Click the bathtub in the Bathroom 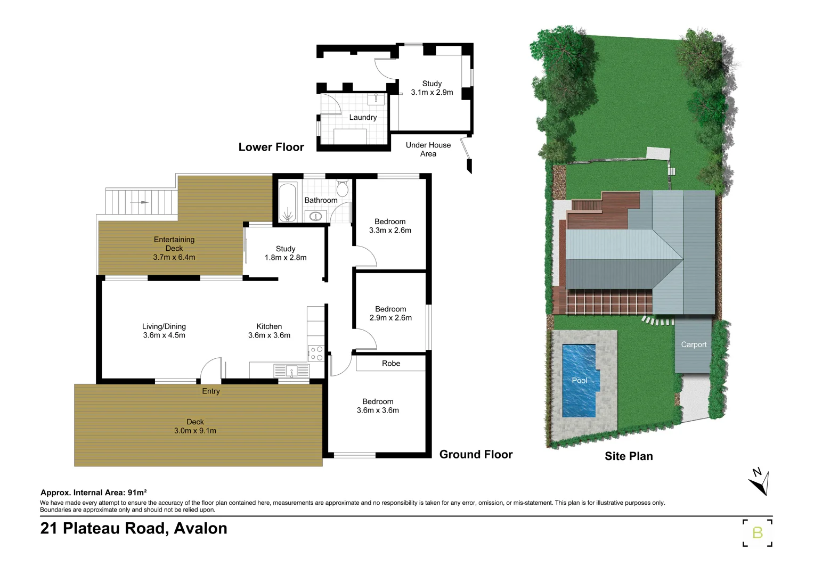pos(288,202)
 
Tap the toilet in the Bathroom pos(343,188)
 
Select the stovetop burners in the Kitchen pos(316,354)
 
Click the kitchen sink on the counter pos(291,371)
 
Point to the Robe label pos(390,364)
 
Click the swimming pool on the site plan pos(579,380)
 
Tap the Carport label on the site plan pos(694,344)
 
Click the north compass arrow pos(759,482)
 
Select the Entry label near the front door pos(210,391)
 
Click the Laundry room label pos(363,118)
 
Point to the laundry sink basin pos(376,99)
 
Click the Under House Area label pos(428,149)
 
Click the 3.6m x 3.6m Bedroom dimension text pos(378,410)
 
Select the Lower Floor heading pos(271,147)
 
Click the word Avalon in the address pos(200,528)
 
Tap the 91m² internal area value pos(137,492)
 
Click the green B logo pos(757,532)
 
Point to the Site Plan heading pos(629,456)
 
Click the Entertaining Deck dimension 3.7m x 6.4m pos(174,257)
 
